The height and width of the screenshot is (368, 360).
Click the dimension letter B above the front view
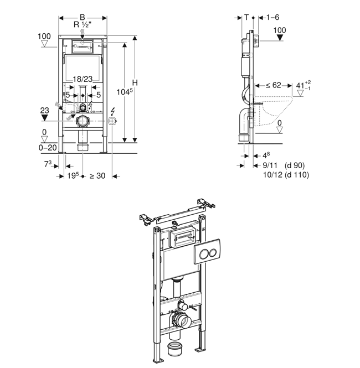click(83, 17)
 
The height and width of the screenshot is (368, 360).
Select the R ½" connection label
click(83, 25)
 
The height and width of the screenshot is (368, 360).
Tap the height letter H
click(134, 82)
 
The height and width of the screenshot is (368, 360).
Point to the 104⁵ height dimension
click(125, 91)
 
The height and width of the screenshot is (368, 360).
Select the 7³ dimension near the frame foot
click(49, 164)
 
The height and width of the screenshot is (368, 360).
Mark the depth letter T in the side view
click(246, 17)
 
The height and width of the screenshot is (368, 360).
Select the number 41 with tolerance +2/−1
click(299, 85)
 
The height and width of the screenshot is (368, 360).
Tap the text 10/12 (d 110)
click(285, 174)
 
